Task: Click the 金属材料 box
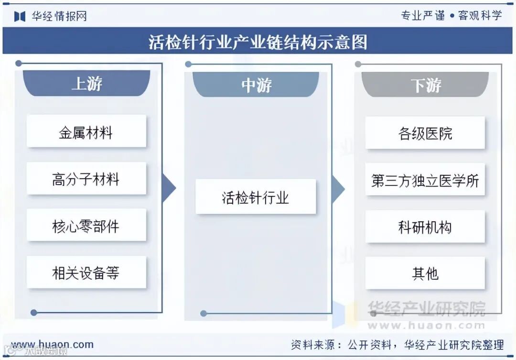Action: [86, 131]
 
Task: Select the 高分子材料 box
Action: [86, 179]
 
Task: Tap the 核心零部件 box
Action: [86, 225]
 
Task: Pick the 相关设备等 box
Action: [86, 273]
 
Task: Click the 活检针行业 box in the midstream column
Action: [256, 196]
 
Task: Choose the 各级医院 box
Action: [425, 132]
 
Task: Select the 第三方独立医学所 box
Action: [425, 180]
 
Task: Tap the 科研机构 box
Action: [425, 227]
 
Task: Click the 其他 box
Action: [425, 273]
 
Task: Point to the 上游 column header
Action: [86, 84]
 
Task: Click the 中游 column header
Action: [256, 85]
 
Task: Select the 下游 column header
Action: [425, 85]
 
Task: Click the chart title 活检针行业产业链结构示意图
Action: [258, 42]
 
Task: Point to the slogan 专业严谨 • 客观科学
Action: [451, 15]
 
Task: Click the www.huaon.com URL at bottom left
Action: [53, 344]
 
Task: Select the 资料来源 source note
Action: [397, 344]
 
